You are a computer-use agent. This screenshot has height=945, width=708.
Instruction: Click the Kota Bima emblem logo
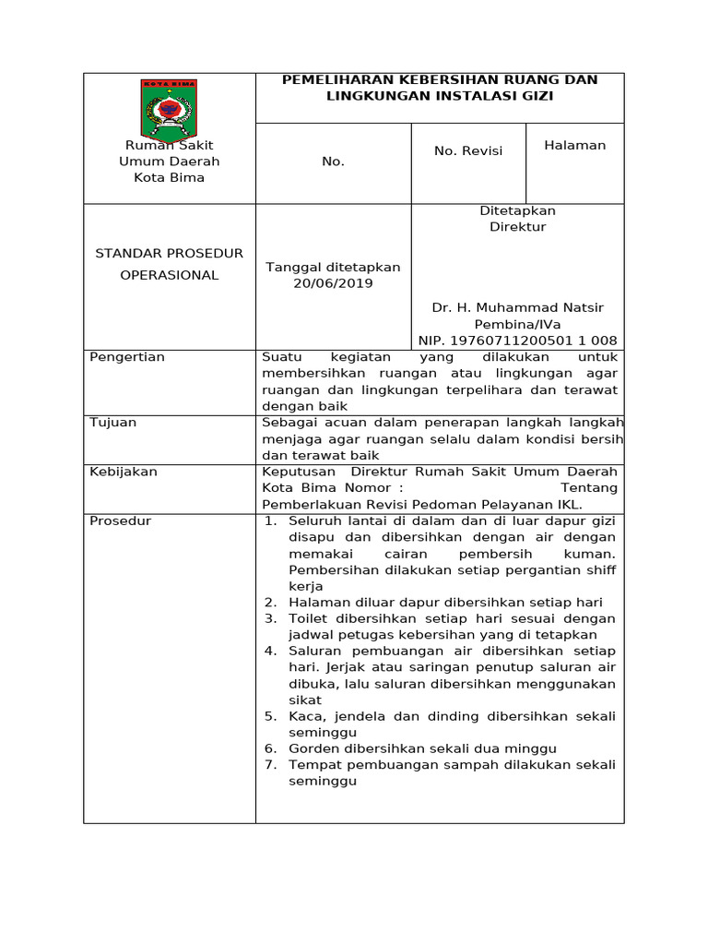tap(169, 109)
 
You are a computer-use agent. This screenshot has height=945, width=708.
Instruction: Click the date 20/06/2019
tap(333, 283)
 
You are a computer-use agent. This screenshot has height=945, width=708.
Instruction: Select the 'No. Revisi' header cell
tap(468, 151)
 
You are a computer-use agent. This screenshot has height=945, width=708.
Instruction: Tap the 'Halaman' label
tap(574, 145)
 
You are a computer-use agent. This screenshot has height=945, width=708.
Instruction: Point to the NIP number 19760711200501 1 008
tap(517, 341)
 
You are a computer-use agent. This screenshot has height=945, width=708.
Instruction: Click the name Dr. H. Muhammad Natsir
tap(517, 307)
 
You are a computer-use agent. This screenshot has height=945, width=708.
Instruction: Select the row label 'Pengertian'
tap(126, 357)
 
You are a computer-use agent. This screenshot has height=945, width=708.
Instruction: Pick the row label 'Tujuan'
tap(112, 423)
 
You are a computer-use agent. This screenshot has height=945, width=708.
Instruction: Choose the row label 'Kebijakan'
tap(123, 472)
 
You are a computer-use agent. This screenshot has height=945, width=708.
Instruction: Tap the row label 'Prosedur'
tap(120, 521)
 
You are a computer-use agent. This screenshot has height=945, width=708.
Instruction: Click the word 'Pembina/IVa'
tap(517, 325)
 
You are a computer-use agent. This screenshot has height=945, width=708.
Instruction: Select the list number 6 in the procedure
tap(270, 748)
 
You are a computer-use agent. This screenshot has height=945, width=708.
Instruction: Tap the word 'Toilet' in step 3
tap(309, 618)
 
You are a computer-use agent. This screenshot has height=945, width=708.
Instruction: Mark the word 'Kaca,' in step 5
tap(307, 716)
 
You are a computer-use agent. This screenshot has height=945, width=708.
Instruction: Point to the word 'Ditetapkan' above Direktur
tap(517, 210)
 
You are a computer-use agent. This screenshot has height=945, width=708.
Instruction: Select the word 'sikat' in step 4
tap(305, 700)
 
